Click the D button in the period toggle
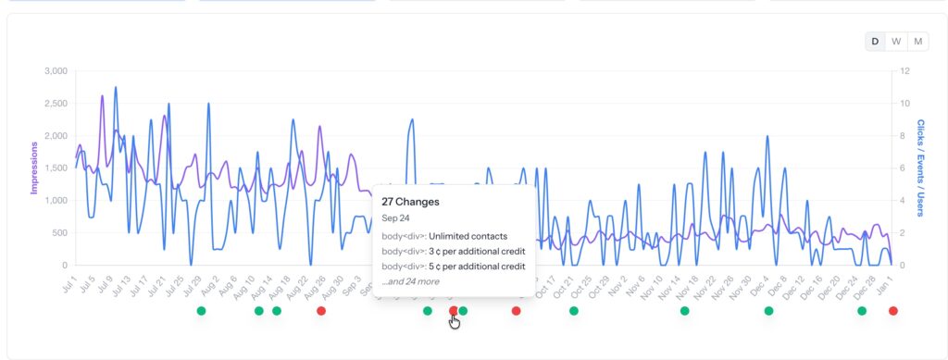[x=875, y=41]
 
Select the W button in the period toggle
[x=896, y=41]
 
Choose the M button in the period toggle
[x=917, y=41]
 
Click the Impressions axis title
[x=34, y=168]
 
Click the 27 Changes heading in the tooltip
[x=410, y=201]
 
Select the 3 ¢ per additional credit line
[x=453, y=251]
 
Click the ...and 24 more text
[x=410, y=281]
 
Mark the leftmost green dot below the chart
[x=201, y=311]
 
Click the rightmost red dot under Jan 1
[x=892, y=311]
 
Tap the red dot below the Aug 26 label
[x=321, y=311]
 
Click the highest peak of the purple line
[x=102, y=95]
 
